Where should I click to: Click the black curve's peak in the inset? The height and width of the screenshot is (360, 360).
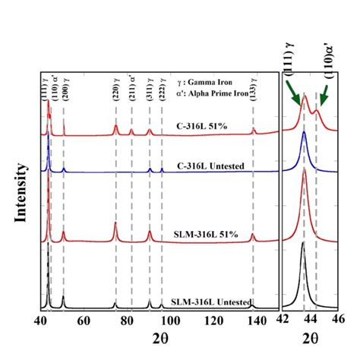(x=304, y=245)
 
